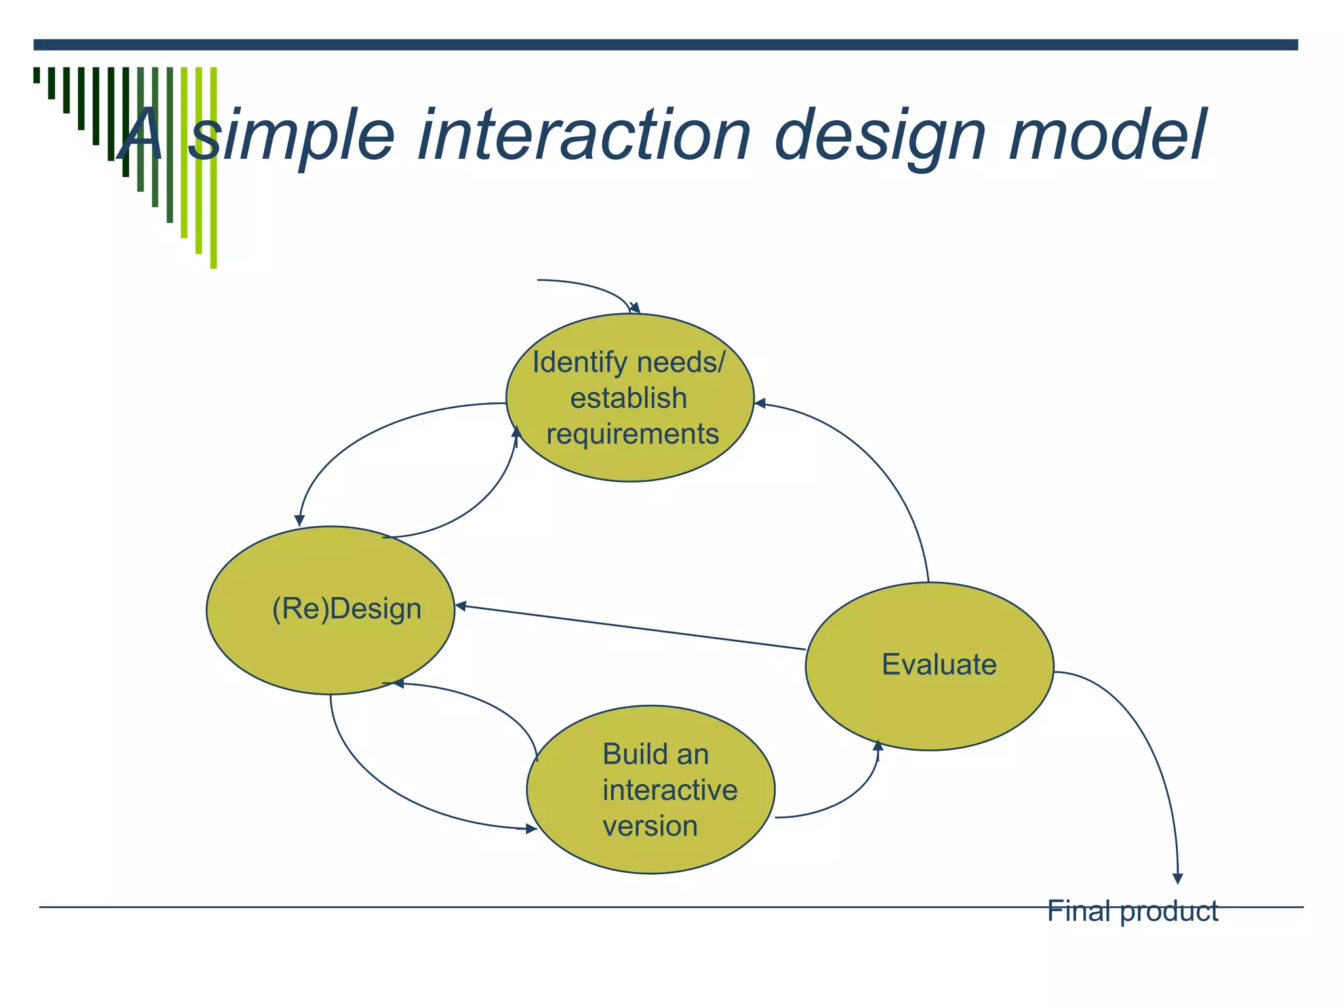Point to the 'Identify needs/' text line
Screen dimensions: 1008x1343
pyautogui.click(x=628, y=362)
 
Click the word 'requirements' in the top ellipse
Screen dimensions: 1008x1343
pyautogui.click(x=633, y=434)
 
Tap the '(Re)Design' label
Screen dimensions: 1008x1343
pyautogui.click(x=347, y=609)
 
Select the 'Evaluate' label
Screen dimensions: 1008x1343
pyautogui.click(x=939, y=664)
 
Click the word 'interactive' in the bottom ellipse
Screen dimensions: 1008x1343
pyautogui.click(x=670, y=790)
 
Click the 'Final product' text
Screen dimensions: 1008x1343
pyautogui.click(x=1132, y=911)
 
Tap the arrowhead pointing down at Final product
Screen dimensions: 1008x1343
pyautogui.click(x=1178, y=878)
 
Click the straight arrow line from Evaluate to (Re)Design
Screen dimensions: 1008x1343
pyautogui.click(x=630, y=627)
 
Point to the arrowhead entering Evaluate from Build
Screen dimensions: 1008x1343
pyautogui.click(x=878, y=745)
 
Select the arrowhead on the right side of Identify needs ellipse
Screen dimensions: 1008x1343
pyautogui.click(x=761, y=403)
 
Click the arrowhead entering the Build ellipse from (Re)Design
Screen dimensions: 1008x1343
pyautogui.click(x=531, y=829)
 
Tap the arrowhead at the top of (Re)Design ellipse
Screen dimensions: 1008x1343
pyautogui.click(x=300, y=520)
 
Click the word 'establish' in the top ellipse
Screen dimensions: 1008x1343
pyautogui.click(x=628, y=398)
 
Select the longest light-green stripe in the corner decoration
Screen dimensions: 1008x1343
pyautogui.click(x=213, y=167)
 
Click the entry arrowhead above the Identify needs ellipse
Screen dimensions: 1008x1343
pyautogui.click(x=635, y=308)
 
